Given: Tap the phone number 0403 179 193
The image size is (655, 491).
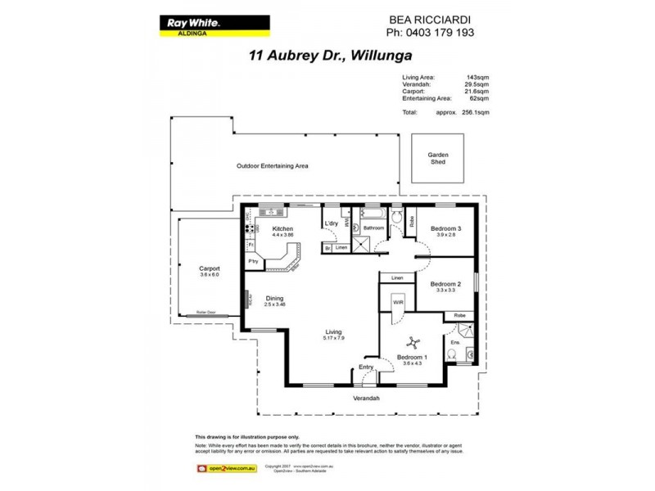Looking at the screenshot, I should [x=429, y=33].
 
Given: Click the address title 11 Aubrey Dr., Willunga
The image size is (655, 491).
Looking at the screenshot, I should [x=329, y=56].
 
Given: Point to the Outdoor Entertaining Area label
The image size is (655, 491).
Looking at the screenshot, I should [x=272, y=165].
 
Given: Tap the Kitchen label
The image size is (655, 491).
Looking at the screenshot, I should [x=283, y=228].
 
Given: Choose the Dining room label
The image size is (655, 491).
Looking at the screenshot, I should [x=274, y=299].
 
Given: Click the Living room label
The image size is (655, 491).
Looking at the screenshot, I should [x=332, y=331].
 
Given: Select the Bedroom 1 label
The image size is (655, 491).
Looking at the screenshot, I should [x=413, y=358].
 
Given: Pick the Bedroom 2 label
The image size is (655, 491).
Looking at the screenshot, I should [x=446, y=284].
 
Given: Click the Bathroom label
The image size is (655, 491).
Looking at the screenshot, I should [x=374, y=228].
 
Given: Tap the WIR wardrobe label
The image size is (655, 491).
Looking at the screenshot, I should [x=399, y=302].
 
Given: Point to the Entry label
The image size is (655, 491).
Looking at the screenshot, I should [x=366, y=367].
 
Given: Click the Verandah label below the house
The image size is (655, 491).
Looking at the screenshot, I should [x=367, y=398].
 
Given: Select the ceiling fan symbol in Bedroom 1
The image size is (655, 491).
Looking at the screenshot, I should [x=415, y=345].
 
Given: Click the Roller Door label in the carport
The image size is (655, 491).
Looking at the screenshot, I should [x=206, y=313].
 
